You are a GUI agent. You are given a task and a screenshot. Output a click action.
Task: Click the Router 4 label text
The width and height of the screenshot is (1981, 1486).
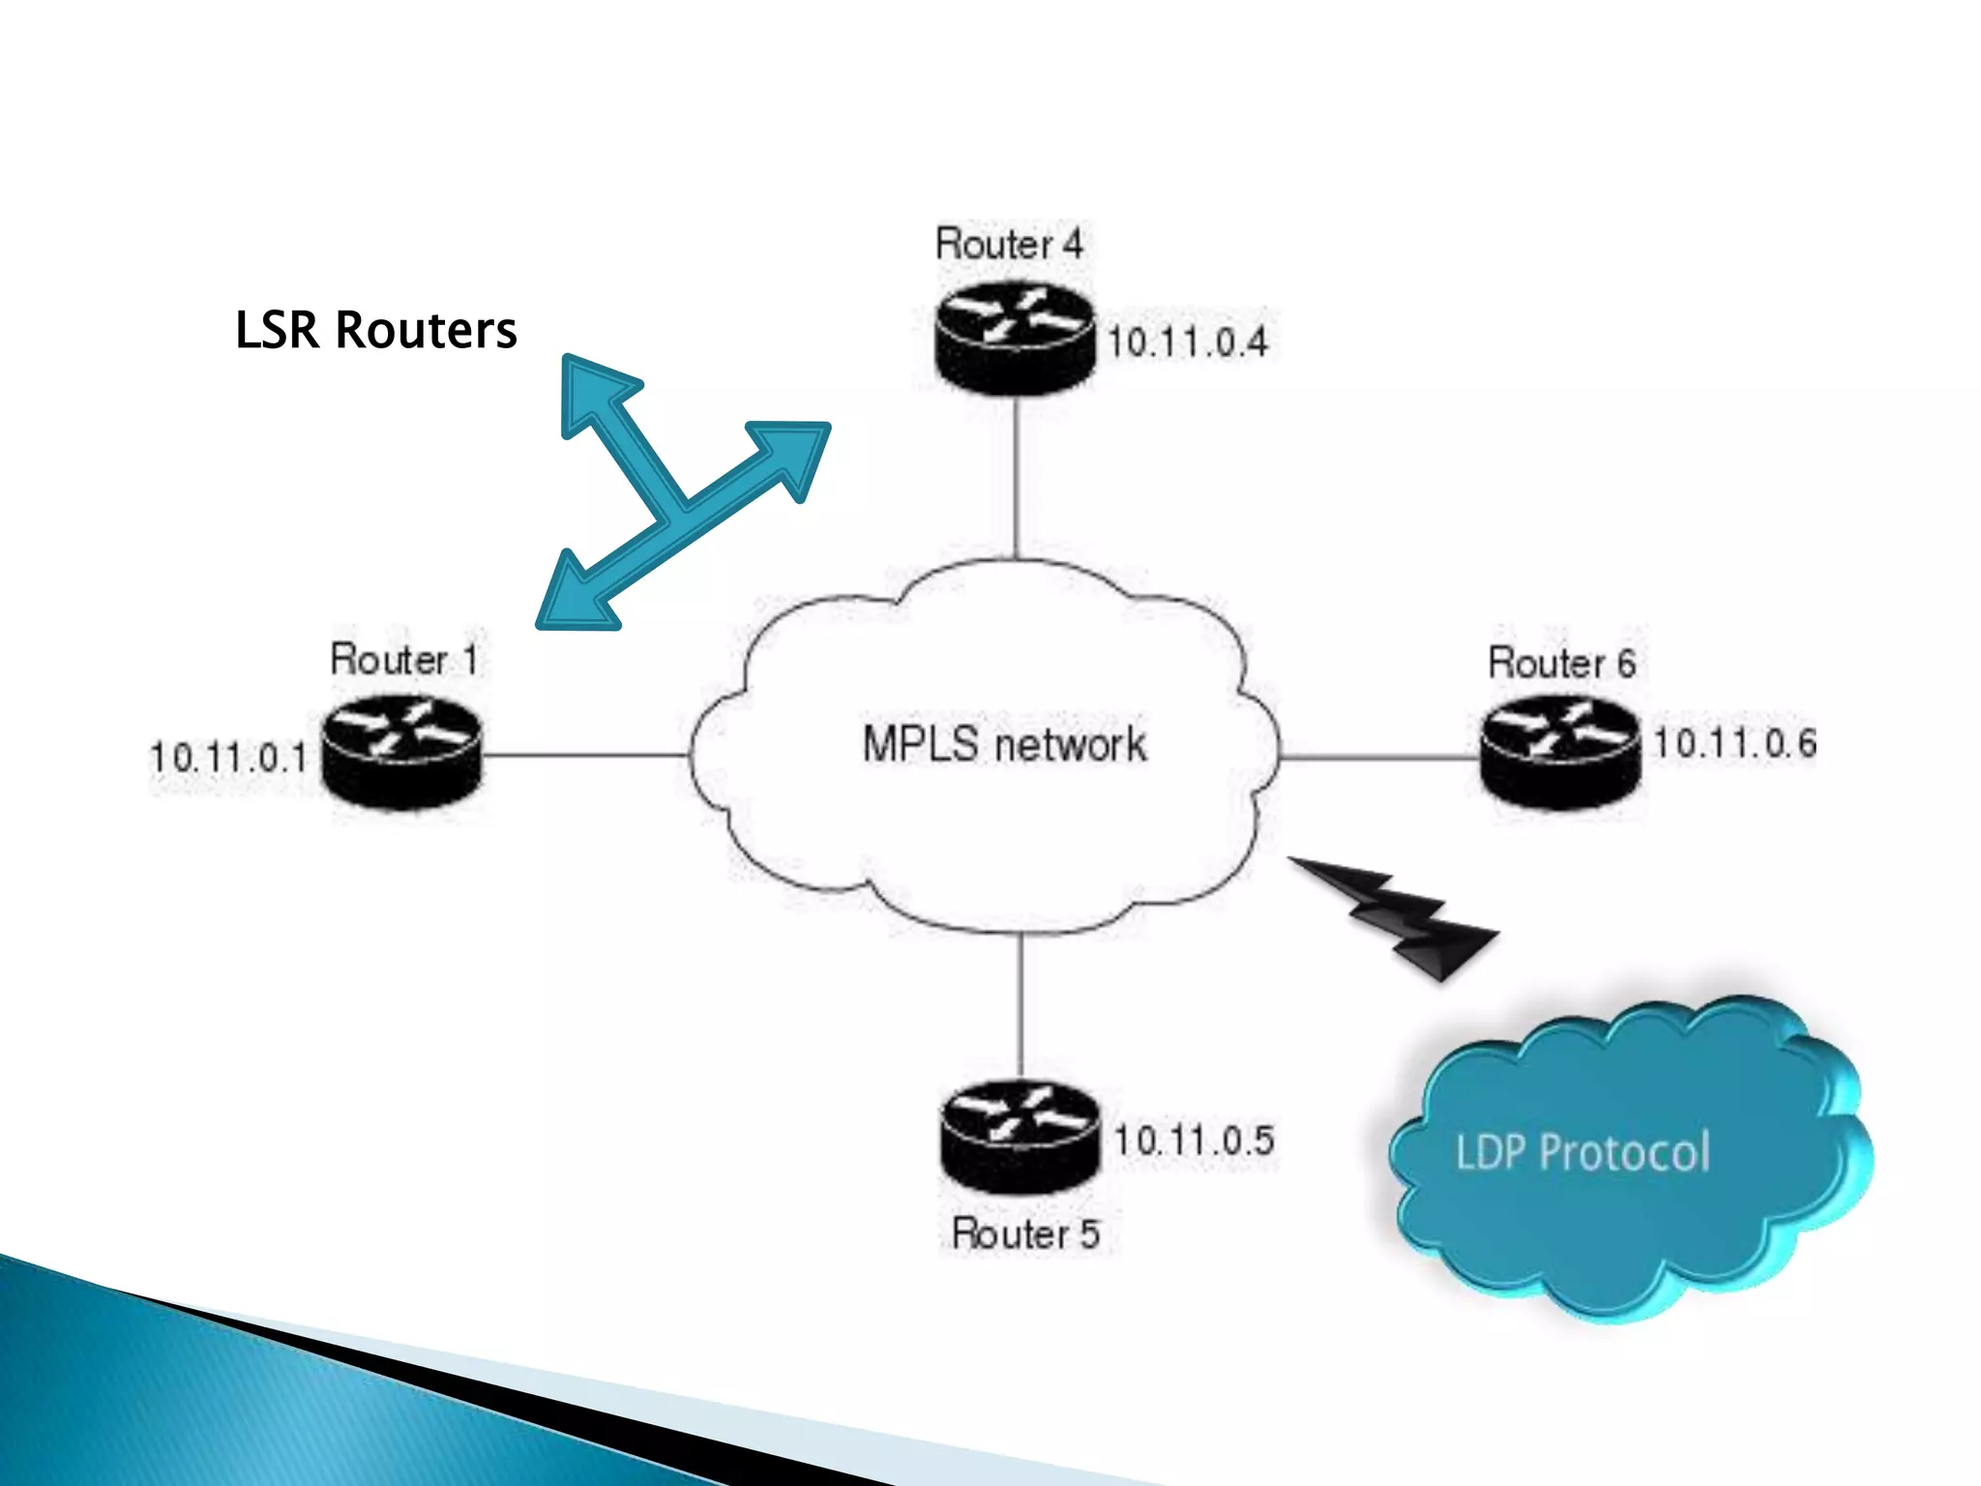[x=1008, y=244]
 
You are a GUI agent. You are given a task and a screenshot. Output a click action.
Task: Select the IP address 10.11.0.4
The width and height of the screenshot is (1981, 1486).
[x=1187, y=342]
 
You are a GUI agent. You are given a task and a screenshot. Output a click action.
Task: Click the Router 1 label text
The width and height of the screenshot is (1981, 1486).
[x=404, y=660]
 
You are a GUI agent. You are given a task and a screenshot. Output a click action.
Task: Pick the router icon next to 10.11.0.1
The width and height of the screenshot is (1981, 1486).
[x=401, y=755]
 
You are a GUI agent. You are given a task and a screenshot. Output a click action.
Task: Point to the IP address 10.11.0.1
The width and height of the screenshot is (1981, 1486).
[x=228, y=757]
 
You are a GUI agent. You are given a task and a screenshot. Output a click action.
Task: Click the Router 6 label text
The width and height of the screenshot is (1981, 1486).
[x=1561, y=664]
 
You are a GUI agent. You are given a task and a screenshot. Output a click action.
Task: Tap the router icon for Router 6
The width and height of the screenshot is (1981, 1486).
[x=1560, y=755]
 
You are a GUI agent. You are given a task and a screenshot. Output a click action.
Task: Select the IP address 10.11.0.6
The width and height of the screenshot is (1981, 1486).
[x=1734, y=743]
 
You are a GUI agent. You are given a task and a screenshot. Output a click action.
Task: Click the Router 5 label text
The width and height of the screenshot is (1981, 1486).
[x=1025, y=1234]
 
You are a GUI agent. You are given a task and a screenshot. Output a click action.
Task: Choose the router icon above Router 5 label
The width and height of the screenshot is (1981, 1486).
[x=1020, y=1138]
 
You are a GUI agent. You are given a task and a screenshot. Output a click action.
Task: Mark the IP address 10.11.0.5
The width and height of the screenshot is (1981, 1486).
[x=1194, y=1141]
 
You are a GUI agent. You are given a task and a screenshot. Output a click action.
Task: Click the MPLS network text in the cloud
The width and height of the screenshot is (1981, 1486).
[x=1004, y=745]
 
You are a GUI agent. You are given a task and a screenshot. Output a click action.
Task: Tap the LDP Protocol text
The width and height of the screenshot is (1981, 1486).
[x=1582, y=1152]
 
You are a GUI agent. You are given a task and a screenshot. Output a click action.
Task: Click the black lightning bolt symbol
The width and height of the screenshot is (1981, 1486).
[x=1403, y=914]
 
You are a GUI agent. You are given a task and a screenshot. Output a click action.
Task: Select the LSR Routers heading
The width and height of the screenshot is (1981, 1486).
[x=375, y=330]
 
